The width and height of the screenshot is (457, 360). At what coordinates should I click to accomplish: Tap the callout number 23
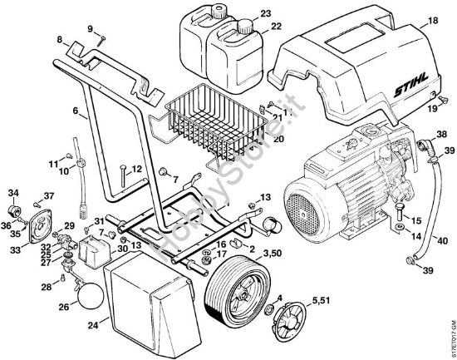265,13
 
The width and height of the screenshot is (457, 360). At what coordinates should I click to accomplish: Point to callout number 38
441,133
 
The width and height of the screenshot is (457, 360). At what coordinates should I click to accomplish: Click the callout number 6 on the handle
76,110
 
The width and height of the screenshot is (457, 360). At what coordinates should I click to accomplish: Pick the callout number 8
60,39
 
